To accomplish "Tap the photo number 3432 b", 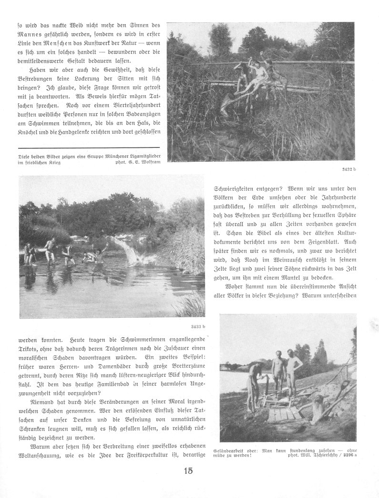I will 347,169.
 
